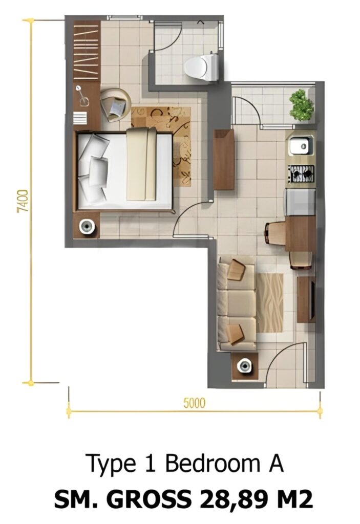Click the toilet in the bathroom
pos(202,67)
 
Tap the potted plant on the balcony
pos(302,105)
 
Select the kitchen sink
pos(301,145)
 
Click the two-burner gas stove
pos(302,173)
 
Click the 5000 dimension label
pos(194,403)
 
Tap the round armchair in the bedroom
pos(115,104)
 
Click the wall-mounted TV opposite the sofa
pos(312,299)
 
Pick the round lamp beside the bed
pos(87,227)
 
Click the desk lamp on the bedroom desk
pos(82,96)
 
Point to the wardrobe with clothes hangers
pos(87,51)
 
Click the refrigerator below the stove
pos(300,202)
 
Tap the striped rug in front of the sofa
pos(270,303)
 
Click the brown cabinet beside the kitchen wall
pos(223,160)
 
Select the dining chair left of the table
pos(274,233)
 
